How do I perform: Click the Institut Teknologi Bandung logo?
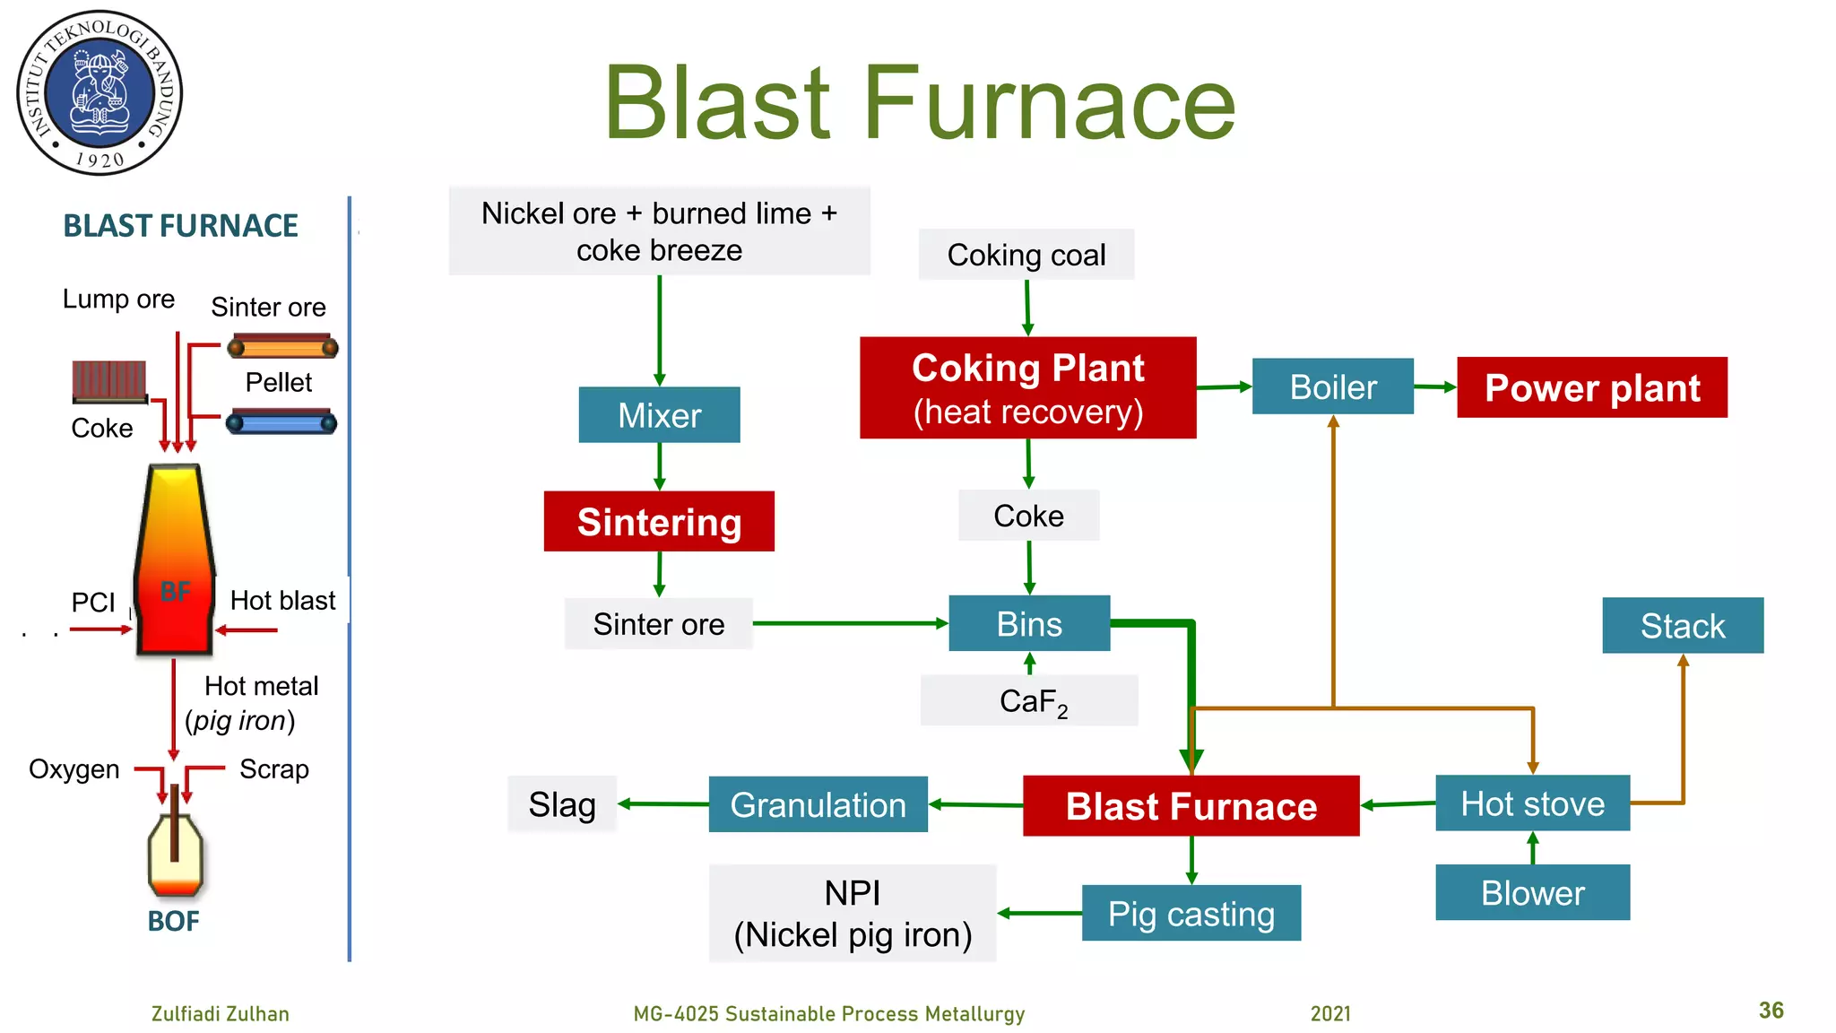100,92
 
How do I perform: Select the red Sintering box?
659,521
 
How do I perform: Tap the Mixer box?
659,414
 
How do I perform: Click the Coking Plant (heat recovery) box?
1027,387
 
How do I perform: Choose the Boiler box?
1332,386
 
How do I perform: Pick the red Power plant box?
1591,387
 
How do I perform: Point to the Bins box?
1029,623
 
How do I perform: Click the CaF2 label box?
1029,700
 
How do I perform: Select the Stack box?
1682,625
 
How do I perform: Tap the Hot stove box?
1532,803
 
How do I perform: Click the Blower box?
1532,892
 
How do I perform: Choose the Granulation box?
818,804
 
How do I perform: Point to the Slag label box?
562,804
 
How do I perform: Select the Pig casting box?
1191,913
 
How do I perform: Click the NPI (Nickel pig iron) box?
853,913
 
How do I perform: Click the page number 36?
1771,1011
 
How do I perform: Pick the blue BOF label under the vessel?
173,921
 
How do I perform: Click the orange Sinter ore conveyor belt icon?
282,347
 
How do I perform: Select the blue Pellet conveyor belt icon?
281,422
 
